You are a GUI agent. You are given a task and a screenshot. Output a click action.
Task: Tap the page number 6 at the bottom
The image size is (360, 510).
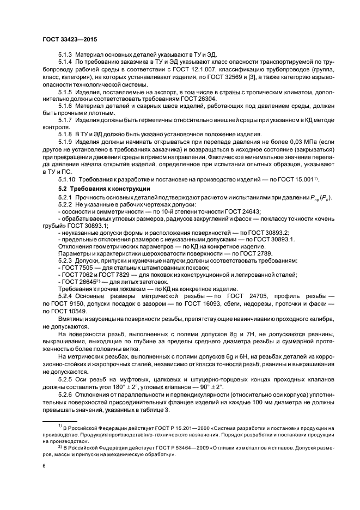pos(44,466)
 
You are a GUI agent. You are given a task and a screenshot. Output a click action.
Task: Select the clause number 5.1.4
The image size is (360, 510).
pos(66,63)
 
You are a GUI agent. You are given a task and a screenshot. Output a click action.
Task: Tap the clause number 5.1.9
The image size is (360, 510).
pos(66,142)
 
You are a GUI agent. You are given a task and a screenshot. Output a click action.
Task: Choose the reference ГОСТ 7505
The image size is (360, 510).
pos(81,268)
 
